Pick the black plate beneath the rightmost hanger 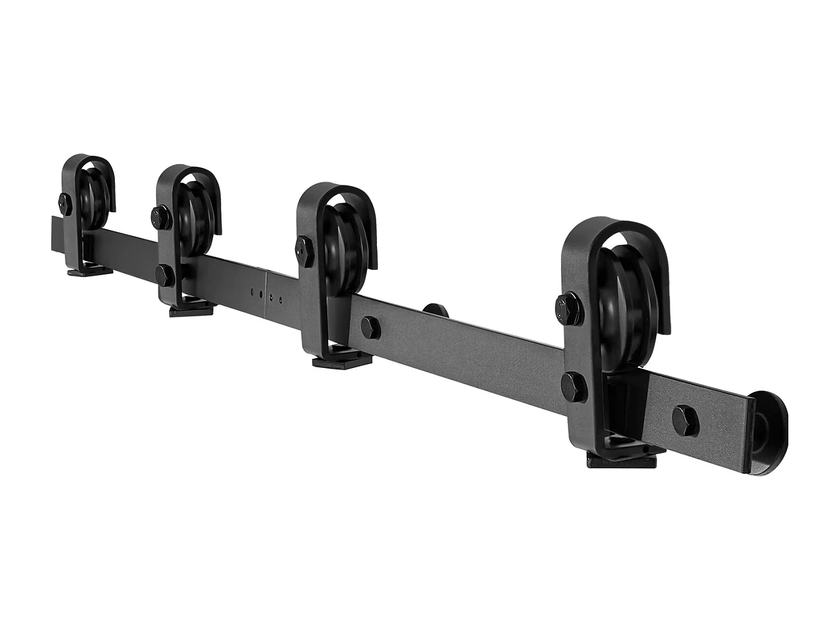point(620,461)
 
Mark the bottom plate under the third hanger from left point(341,361)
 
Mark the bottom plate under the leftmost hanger point(90,273)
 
